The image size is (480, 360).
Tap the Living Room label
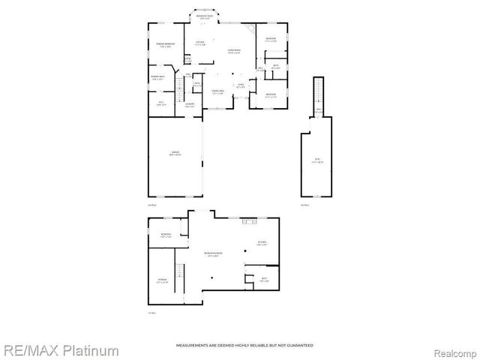[x=234, y=51]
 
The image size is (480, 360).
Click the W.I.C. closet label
[x=161, y=103]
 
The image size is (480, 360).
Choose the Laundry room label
[x=190, y=104]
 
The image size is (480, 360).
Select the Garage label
[x=174, y=154]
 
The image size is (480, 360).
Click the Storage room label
[x=162, y=281]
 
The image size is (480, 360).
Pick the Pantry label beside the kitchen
[x=188, y=58]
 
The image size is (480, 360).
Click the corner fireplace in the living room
[x=251, y=28]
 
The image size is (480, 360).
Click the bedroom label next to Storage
[x=166, y=235]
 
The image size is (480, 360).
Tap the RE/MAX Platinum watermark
[x=60, y=350]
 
